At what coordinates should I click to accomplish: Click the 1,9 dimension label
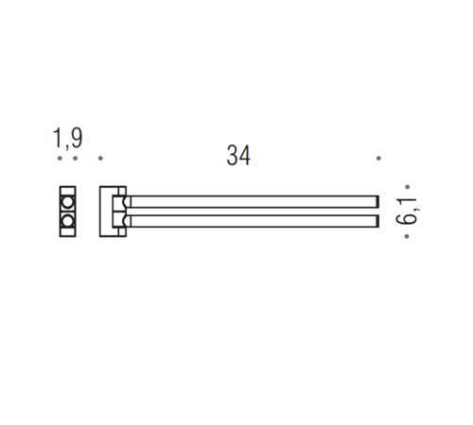click(x=67, y=138)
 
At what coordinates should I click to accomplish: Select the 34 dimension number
click(x=238, y=155)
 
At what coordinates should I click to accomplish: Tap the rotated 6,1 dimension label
click(x=406, y=212)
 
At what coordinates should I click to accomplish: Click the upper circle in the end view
click(x=67, y=202)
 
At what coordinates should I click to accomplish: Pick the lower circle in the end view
click(x=67, y=221)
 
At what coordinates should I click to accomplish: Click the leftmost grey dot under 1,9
click(x=60, y=158)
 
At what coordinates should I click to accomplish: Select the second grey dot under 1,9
click(x=75, y=158)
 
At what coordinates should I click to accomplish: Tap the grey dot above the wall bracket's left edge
click(x=100, y=158)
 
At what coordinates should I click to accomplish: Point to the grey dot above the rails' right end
click(x=378, y=158)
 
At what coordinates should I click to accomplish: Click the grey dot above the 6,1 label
click(x=407, y=187)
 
